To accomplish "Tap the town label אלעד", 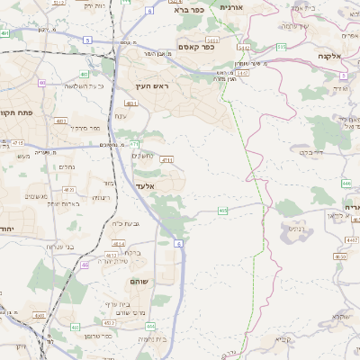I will click(146, 186).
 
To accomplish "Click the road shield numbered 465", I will click(222, 211).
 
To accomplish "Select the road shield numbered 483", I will click(83, 75).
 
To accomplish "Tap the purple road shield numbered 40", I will click(42, 83).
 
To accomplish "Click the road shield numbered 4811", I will click(131, 104).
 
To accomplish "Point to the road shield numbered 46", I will click(85, 265).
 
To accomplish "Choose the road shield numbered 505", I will click(281, 46).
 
